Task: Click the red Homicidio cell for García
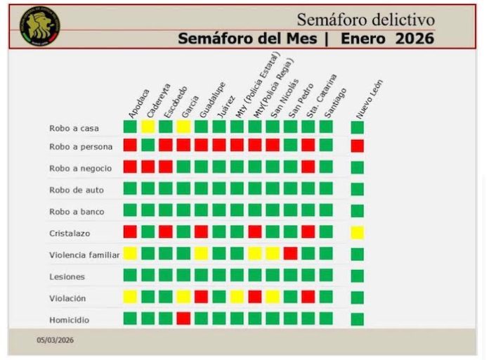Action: point(183,319)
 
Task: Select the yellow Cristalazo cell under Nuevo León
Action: point(358,232)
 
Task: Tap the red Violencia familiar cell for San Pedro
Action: point(290,253)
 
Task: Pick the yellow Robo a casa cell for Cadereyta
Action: point(148,127)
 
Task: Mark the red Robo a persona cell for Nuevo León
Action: point(358,146)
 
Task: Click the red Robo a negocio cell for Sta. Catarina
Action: point(308,167)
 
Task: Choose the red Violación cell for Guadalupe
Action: point(201,297)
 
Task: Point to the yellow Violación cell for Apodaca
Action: point(130,297)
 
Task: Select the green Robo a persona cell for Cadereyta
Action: point(148,146)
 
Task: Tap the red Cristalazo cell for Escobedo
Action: point(165,232)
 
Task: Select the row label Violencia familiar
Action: point(84,255)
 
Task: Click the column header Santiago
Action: point(335,103)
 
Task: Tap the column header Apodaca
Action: point(138,103)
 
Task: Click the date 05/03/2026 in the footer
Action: point(56,340)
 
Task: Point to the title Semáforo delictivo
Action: point(365,19)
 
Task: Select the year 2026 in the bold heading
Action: point(415,39)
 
